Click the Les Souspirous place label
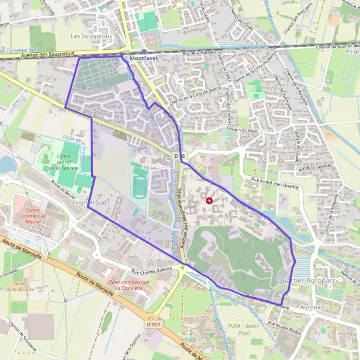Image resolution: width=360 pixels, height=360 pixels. click(x=91, y=36)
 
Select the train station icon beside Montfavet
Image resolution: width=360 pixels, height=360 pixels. click(x=124, y=59)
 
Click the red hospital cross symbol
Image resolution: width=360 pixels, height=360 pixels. click(x=209, y=200)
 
